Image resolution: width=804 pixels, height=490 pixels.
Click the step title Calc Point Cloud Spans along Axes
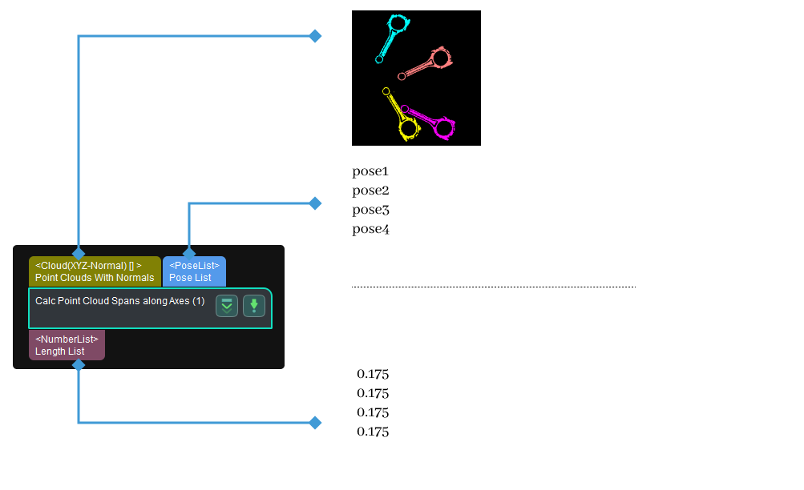click(x=120, y=301)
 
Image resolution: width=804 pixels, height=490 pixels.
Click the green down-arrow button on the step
click(x=254, y=306)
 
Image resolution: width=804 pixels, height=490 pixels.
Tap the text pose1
click(x=370, y=171)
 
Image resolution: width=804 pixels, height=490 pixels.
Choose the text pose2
click(x=370, y=191)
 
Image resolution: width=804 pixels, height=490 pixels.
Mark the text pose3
click(x=370, y=210)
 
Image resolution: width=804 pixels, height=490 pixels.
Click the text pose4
click(x=370, y=229)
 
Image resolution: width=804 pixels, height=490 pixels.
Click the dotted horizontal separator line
click(x=493, y=287)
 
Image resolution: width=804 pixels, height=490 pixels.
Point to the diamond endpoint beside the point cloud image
click(x=315, y=36)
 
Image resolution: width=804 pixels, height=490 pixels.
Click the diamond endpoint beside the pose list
click(x=315, y=203)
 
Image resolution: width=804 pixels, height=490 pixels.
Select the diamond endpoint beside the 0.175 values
click(x=315, y=422)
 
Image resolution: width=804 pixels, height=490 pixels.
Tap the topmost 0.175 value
click(x=373, y=374)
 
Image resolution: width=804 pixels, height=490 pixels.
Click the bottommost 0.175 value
click(x=373, y=432)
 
